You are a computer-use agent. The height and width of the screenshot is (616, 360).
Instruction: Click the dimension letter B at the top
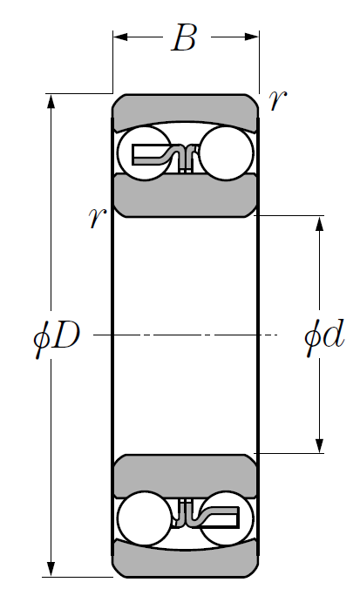tap(184, 37)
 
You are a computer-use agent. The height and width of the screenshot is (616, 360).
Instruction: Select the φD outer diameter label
tap(57, 337)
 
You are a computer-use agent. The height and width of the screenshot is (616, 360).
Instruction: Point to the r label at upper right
tap(277, 100)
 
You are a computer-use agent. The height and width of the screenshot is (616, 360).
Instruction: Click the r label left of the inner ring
tap(98, 217)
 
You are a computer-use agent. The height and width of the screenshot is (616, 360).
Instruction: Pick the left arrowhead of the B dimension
tap(120, 37)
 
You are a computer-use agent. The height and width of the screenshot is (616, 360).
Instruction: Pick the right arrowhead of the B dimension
tap(252, 37)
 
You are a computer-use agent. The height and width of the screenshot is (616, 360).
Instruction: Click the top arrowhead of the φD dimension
tap(51, 101)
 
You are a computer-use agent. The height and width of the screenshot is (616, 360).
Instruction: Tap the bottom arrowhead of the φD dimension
tap(51, 570)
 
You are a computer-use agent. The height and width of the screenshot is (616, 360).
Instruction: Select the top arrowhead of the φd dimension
tap(320, 223)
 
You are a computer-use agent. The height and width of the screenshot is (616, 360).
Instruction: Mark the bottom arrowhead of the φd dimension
tap(320, 446)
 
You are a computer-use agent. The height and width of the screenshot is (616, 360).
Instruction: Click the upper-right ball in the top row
tap(227, 152)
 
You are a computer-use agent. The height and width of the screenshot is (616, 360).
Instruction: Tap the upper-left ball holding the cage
tap(145, 152)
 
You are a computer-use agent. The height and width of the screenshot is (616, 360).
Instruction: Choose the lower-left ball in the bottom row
tap(145, 518)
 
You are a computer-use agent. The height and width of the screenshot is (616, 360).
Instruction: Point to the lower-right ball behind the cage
tap(227, 518)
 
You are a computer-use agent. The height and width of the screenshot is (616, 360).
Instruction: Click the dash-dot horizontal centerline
tap(185, 335)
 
